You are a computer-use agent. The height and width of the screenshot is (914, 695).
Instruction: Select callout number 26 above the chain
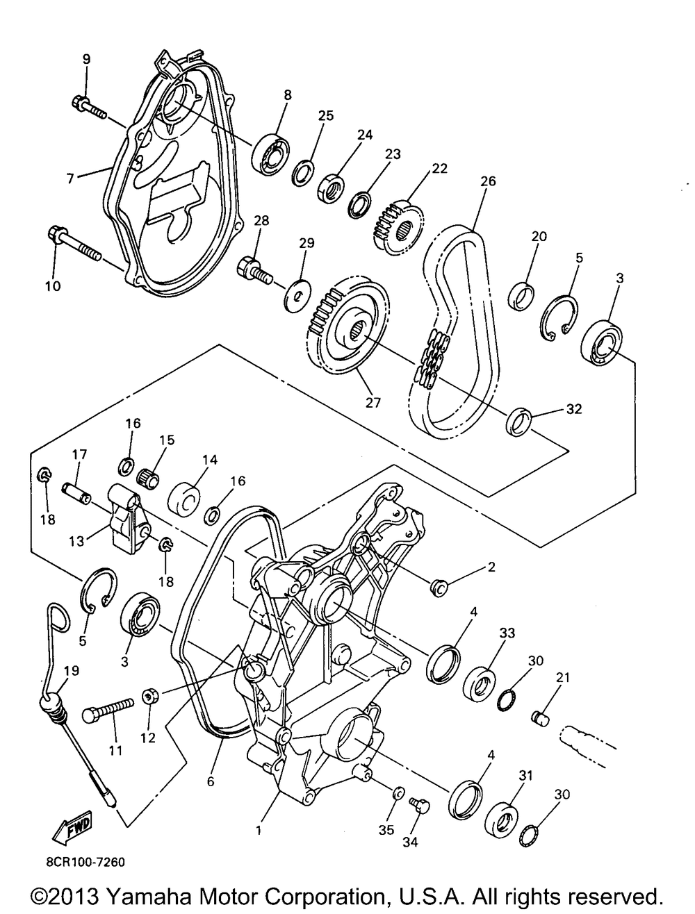488,182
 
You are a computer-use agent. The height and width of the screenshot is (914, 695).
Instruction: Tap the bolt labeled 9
87,107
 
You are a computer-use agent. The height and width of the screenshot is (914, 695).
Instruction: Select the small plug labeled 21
540,718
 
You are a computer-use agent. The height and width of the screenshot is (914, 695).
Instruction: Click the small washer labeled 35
398,794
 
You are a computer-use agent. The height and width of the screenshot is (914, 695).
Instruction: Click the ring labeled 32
518,422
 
